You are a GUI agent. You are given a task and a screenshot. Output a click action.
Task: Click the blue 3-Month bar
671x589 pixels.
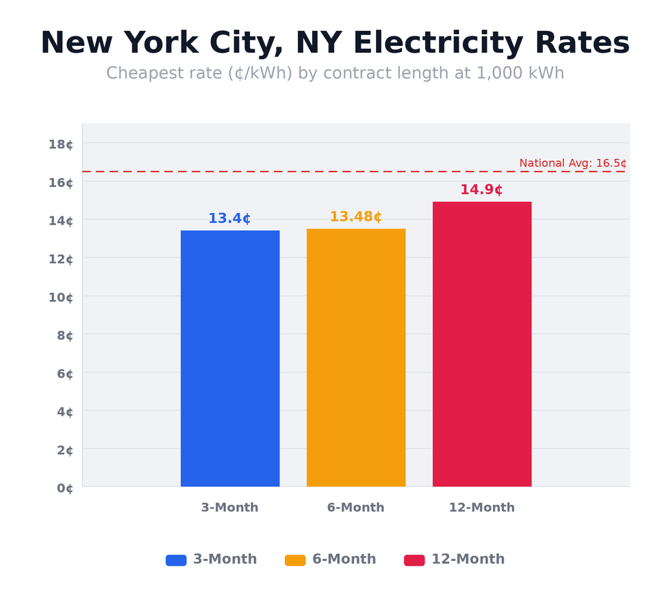coord(230,358)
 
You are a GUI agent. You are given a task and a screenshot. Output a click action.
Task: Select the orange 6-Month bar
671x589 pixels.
coord(356,358)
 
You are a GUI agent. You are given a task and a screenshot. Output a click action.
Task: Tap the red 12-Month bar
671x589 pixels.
coord(482,344)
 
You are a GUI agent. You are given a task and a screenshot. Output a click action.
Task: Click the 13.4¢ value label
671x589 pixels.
coord(229,218)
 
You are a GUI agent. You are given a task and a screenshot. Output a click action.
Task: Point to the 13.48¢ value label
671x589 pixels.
coord(355,217)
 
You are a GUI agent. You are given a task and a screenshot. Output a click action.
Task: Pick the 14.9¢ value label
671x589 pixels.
coord(481,190)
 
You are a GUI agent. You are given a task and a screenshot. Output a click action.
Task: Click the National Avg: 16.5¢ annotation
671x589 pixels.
coord(572,163)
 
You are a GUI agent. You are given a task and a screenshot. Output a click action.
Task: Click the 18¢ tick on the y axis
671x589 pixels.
coord(60,144)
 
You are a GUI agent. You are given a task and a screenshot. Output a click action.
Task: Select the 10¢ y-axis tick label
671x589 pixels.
coord(60,297)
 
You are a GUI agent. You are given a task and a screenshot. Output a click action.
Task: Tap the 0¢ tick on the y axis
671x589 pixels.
coord(64,488)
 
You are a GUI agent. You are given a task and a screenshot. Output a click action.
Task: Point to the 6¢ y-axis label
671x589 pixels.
coord(64,373)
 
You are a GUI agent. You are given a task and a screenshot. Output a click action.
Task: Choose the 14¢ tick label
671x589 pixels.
coord(60,221)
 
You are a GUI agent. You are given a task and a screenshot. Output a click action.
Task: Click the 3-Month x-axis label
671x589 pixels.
coord(229,507)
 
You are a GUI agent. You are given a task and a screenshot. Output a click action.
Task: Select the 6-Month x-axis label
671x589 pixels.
coord(355,507)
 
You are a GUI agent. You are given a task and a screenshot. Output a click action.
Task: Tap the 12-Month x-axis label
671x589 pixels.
coord(481,507)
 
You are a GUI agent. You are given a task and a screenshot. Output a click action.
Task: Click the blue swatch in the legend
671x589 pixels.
coord(176,560)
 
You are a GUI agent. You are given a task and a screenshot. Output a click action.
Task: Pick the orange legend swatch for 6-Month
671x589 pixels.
coord(295,560)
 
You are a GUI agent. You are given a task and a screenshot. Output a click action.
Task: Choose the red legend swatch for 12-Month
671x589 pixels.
coord(414,560)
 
